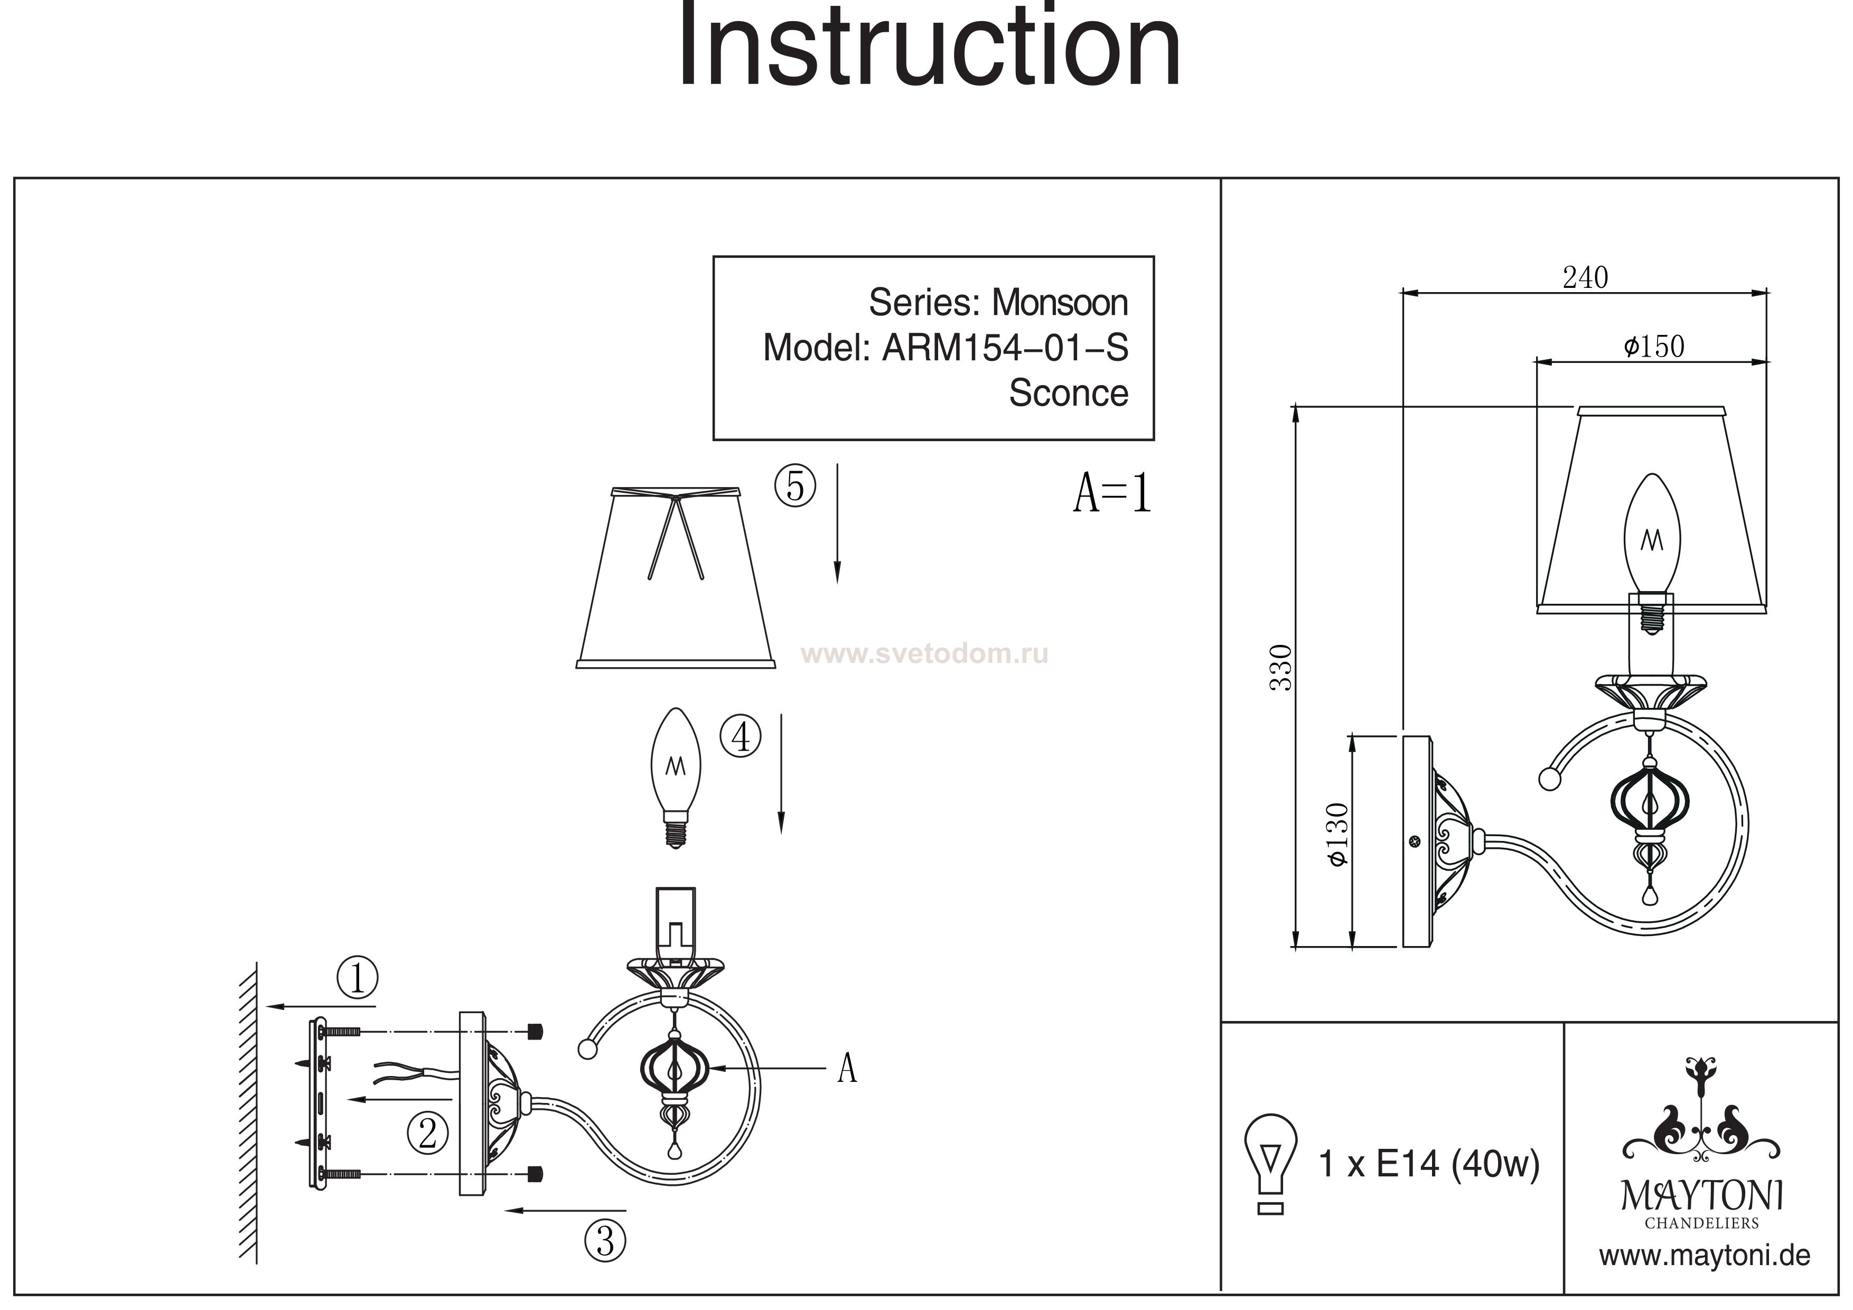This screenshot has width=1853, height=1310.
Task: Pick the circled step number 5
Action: click(x=795, y=486)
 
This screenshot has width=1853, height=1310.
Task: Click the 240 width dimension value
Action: click(x=1585, y=278)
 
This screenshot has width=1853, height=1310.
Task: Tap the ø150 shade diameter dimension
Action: click(x=1654, y=347)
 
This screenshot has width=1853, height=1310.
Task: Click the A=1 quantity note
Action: click(x=1112, y=493)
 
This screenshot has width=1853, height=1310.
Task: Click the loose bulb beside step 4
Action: click(x=676, y=775)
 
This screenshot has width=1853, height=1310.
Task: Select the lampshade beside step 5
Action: click(x=676, y=577)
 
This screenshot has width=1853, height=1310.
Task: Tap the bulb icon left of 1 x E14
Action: click(x=1271, y=1162)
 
